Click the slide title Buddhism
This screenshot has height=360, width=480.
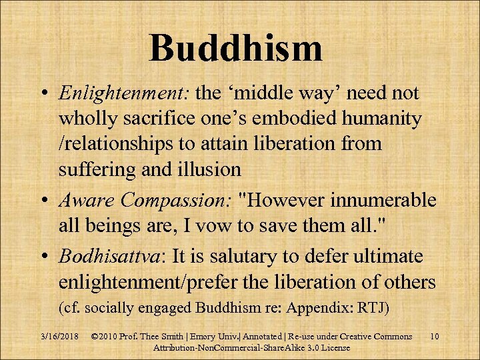point(236,48)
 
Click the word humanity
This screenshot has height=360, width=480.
point(379,120)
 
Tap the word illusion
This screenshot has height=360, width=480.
point(207,169)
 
